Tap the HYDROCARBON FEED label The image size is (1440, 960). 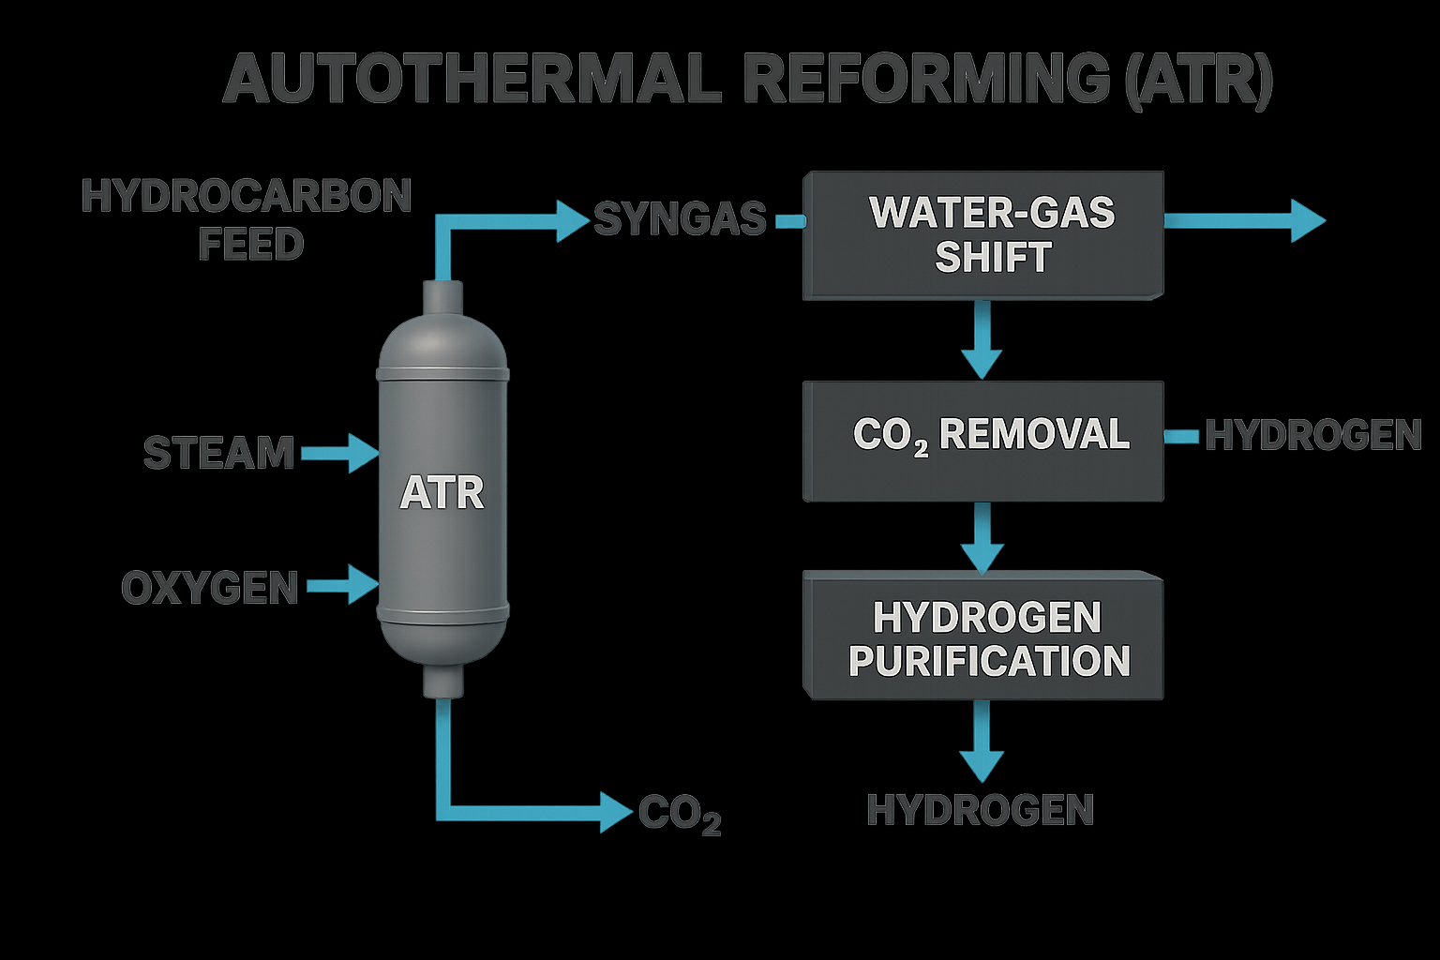coord(247,219)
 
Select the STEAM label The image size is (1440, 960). coord(218,453)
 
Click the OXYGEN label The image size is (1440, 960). coord(210,588)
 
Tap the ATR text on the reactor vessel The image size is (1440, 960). coord(442,493)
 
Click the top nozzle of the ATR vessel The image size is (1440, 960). coord(442,298)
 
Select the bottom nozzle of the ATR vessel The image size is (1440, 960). coord(442,681)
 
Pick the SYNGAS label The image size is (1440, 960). coord(680,219)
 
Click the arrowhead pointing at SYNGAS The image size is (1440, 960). coord(572,221)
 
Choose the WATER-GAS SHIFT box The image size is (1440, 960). coord(983,234)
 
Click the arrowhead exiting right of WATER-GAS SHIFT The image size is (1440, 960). coord(1307,220)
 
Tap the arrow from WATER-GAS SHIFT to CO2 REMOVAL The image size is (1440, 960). coord(982,340)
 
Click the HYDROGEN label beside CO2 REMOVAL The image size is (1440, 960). coord(1312,435)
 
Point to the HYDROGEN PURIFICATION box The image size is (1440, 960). coord(983,637)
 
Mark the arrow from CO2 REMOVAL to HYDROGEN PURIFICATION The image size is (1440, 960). coord(982,538)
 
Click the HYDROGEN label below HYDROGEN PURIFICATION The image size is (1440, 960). coord(981,810)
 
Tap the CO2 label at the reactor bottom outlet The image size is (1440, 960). coord(680,814)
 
